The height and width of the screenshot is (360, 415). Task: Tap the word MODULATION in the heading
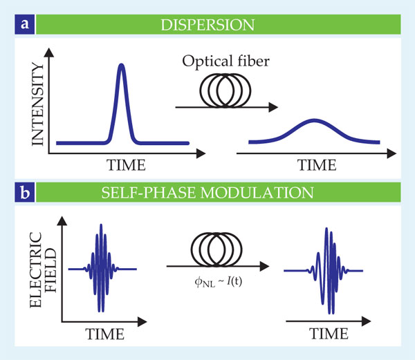(270, 190)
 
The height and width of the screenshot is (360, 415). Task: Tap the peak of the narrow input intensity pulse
(122, 66)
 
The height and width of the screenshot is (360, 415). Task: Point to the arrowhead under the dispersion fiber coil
(274, 107)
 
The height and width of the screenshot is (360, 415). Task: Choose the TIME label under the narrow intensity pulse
(123, 165)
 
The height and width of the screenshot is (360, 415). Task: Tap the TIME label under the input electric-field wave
(105, 334)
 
